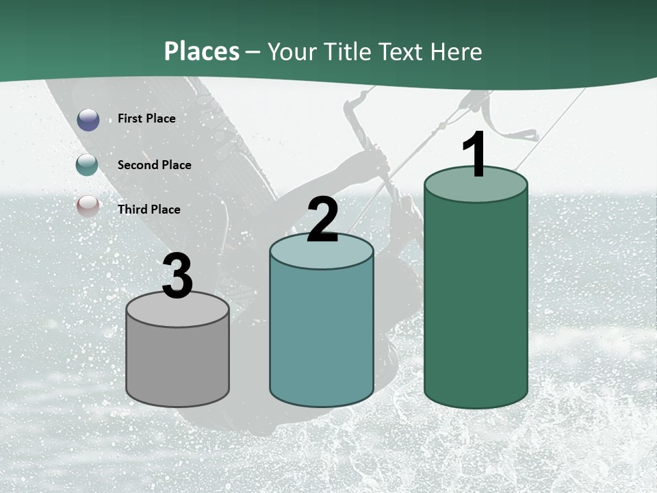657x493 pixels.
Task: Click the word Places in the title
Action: tap(202, 51)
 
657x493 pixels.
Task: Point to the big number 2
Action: tap(322, 220)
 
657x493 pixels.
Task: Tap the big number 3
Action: tap(177, 277)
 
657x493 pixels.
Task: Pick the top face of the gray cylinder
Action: tap(177, 312)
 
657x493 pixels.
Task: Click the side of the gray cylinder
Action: tap(177, 363)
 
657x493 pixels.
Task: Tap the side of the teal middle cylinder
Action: tap(322, 336)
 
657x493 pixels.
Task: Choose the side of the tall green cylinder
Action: tap(476, 301)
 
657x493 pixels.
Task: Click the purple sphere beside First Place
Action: tap(88, 120)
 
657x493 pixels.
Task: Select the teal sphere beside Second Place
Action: tap(88, 165)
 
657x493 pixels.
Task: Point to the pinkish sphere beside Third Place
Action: tap(88, 206)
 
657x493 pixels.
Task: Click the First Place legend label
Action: tap(146, 118)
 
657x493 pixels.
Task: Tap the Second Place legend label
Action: tap(154, 165)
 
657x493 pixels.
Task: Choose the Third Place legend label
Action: tap(149, 210)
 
